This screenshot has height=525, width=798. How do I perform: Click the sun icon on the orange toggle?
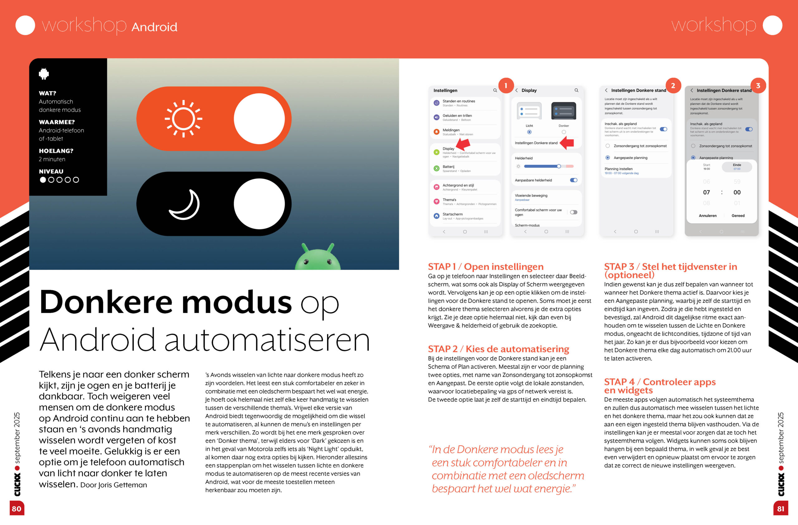[183, 119]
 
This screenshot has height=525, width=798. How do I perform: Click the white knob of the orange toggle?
[259, 119]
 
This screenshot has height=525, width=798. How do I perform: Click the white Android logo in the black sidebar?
[44, 74]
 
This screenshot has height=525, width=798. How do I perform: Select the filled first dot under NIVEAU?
[43, 180]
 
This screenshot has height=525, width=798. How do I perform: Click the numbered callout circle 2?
[673, 86]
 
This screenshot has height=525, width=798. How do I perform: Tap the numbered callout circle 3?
[758, 86]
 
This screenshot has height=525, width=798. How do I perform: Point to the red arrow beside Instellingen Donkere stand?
[567, 143]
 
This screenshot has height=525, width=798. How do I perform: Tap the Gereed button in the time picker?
[738, 216]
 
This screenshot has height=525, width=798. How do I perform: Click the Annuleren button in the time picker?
[708, 216]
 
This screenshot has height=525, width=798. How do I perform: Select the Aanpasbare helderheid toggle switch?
[574, 180]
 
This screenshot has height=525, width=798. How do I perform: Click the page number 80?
[17, 508]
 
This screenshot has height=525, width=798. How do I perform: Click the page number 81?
[781, 508]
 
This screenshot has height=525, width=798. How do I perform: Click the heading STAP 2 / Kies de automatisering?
[498, 349]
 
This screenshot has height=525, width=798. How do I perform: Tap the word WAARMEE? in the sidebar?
[57, 122]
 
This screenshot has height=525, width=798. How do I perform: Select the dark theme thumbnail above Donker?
[564, 111]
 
